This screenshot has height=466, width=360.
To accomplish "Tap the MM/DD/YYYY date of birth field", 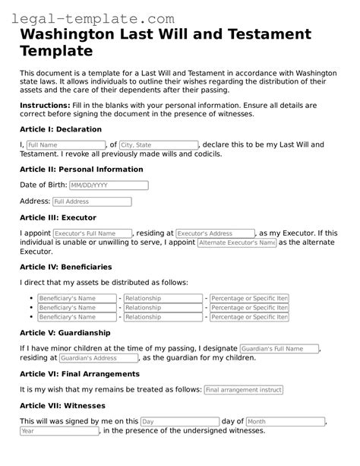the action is click(108, 185).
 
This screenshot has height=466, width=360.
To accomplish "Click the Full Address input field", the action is click(91, 202).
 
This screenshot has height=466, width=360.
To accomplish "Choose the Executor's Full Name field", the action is click(95, 233).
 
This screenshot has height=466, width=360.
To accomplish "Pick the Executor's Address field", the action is click(215, 233).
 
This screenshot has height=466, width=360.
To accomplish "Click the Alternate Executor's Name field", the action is click(236, 243).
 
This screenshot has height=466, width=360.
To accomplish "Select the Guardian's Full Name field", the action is click(279, 348).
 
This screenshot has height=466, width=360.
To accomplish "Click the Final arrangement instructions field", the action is click(243, 389).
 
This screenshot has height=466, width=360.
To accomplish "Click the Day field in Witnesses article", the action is click(178, 421).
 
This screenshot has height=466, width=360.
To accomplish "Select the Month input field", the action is click(286, 421).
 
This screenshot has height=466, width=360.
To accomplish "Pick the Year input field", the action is click(59, 431).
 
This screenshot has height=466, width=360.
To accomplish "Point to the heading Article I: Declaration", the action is click(60, 129).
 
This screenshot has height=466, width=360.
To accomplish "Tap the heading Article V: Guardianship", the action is click(65, 333).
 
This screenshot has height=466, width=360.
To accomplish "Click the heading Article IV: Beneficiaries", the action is click(65, 267).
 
